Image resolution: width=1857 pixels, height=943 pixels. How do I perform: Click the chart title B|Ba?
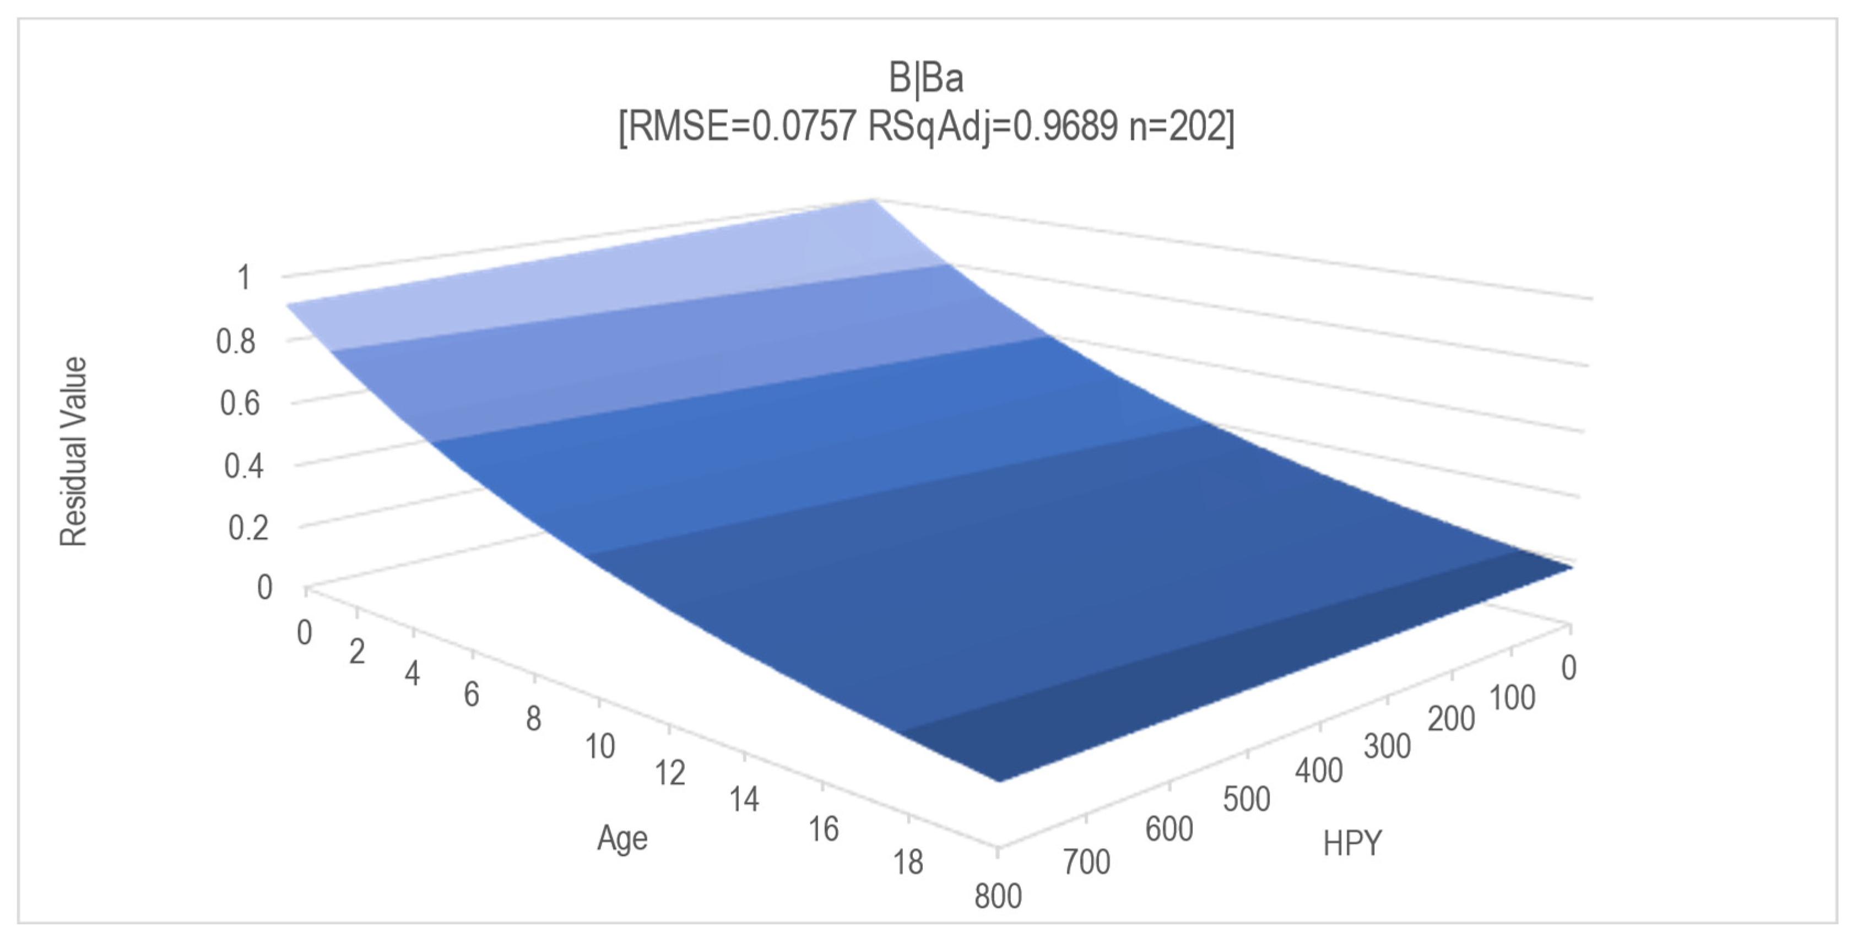tap(927, 78)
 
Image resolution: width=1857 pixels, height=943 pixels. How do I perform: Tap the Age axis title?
tap(622, 838)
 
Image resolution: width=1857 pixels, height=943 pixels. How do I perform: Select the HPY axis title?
tap(1352, 843)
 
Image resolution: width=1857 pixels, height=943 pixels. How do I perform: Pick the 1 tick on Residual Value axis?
tap(243, 278)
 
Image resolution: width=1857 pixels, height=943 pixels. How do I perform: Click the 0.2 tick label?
tap(248, 528)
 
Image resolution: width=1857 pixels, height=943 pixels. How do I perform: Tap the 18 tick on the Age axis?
tap(908, 861)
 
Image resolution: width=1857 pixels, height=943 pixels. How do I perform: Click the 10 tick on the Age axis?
tap(600, 746)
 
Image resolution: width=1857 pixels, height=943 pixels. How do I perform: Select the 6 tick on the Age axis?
tap(472, 694)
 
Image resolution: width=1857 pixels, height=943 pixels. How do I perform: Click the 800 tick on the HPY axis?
tap(998, 896)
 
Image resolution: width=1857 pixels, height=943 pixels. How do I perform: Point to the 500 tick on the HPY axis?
tap(1247, 799)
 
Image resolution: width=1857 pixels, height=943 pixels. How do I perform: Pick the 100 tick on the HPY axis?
tap(1512, 698)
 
